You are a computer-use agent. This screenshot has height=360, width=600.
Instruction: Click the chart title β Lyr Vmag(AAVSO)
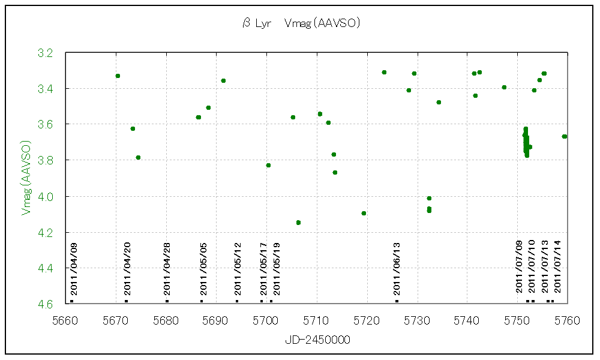click(301, 23)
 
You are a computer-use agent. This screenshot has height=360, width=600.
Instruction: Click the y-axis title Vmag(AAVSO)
click(26, 178)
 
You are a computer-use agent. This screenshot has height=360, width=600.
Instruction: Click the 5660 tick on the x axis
click(66, 319)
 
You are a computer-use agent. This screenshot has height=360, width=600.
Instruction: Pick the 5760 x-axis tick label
click(567, 319)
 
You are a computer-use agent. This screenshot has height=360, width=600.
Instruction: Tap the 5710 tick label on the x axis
click(317, 319)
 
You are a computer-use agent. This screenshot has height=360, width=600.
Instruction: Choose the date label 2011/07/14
click(558, 266)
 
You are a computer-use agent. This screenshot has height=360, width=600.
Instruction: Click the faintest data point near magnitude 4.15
click(298, 223)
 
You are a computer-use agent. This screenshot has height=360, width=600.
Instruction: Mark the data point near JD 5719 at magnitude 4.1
click(364, 213)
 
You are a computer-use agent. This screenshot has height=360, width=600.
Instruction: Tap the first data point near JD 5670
click(118, 76)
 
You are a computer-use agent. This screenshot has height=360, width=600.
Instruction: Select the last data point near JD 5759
click(565, 136)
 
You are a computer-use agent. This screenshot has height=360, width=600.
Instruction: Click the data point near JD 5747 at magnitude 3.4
click(504, 87)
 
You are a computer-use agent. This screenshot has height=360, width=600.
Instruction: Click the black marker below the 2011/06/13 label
click(397, 301)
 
